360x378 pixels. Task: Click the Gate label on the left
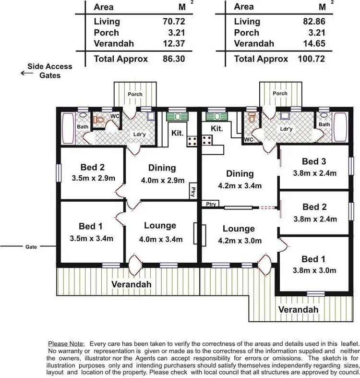[31, 247]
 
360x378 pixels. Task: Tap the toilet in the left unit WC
[99, 120]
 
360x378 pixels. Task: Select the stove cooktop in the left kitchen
[192, 140]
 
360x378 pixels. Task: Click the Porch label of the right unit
[280, 94]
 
